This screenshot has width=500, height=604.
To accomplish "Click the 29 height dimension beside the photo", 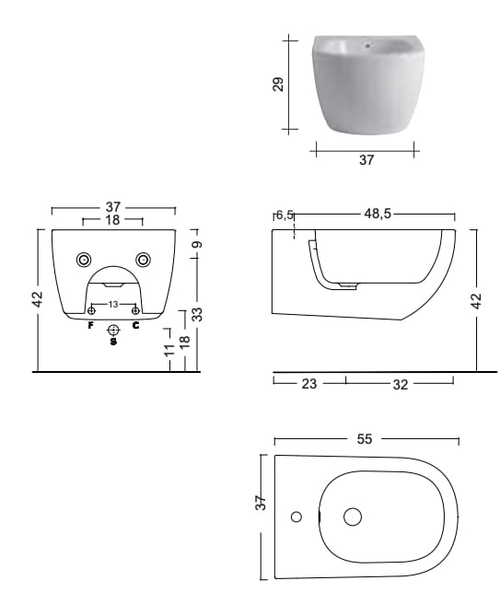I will point(278,85).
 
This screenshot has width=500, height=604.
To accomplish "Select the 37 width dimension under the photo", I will point(366,159).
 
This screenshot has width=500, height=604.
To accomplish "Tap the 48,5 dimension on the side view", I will point(377,214).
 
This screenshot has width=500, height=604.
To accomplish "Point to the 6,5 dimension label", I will point(285,215).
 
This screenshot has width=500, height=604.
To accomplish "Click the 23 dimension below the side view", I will point(309,384).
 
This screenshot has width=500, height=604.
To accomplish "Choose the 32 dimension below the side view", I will point(400,385).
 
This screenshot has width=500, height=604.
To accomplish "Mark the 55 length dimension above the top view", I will point(365,439).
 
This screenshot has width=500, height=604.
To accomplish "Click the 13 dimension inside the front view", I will point(113,304).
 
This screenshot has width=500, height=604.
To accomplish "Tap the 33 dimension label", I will point(196,314).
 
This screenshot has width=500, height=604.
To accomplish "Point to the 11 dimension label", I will point(169,350).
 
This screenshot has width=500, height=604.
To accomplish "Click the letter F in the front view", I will point(90,325).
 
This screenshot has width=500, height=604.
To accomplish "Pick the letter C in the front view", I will point(135,325).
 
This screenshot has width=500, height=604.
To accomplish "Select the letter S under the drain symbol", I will point(113,343).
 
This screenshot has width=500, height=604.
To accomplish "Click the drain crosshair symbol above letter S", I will point(113,330).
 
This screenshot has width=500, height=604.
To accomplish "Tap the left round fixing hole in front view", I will point(84,259).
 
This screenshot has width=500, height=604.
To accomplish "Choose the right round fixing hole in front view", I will point(143,259).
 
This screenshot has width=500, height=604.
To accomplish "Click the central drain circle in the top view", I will point(353,517).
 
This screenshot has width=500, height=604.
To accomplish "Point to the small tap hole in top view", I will point(297,517).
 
